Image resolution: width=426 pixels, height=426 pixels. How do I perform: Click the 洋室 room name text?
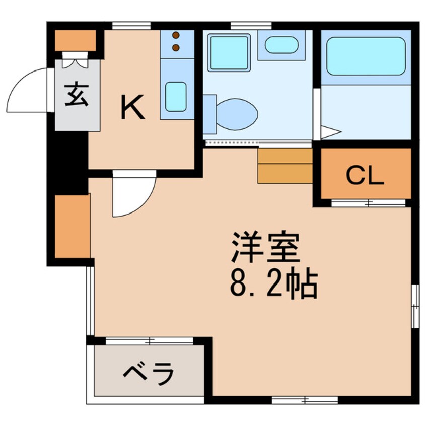[x=265, y=247]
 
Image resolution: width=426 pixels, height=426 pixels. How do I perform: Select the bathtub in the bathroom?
[x=366, y=56]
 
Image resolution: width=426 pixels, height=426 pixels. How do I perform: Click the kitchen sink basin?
[x=175, y=96]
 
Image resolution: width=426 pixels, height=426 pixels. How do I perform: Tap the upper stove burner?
[x=176, y=36]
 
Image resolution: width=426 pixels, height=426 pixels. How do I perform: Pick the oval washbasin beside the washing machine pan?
[x=281, y=45]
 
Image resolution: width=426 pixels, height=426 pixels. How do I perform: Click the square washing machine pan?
[x=229, y=52]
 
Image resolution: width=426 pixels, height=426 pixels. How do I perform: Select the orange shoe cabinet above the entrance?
[x=75, y=40]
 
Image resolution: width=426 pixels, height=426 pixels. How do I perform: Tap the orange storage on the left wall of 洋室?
[x=72, y=226]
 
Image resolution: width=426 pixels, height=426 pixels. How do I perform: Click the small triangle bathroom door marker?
[x=329, y=132]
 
